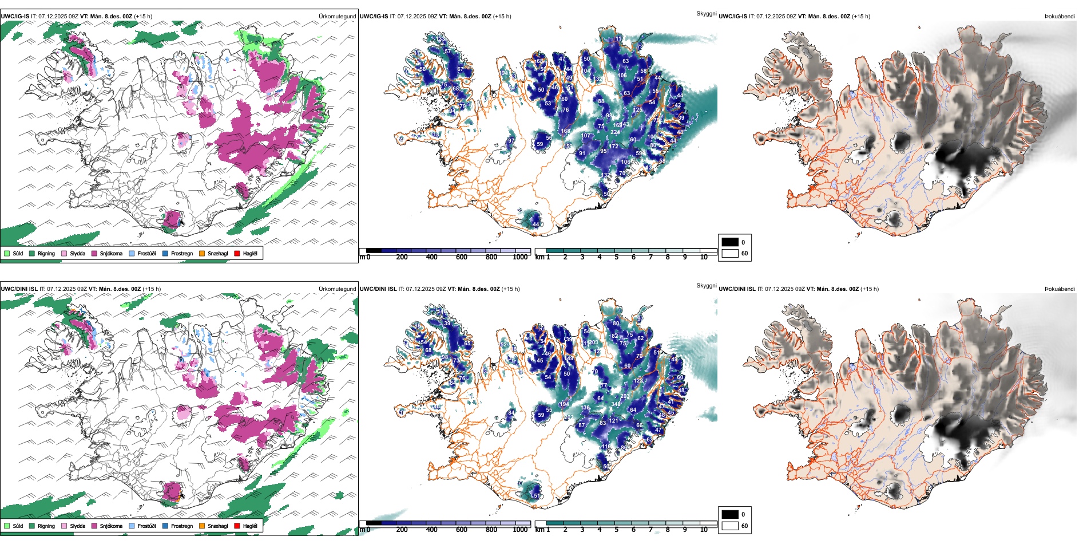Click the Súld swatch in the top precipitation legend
coord(7,253)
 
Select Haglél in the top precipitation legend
coord(237,253)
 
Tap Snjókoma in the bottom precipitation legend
coord(94,526)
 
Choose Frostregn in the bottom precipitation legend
coord(165,526)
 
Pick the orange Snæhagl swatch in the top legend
coord(202,253)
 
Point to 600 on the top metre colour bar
coord(462,257)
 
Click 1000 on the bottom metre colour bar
coord(520,530)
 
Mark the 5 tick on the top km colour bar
coord(616,257)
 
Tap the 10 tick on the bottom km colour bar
coord(704,530)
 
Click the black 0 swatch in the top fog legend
coord(730,242)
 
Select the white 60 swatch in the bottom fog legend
coord(730,526)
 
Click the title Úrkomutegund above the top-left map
coord(337,17)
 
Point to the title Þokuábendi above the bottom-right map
coord(1060,289)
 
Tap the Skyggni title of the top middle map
coord(706,13)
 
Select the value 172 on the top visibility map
coord(613,147)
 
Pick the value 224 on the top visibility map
coord(615,132)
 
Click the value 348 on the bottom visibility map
coord(616,404)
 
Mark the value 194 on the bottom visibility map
coord(565,404)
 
